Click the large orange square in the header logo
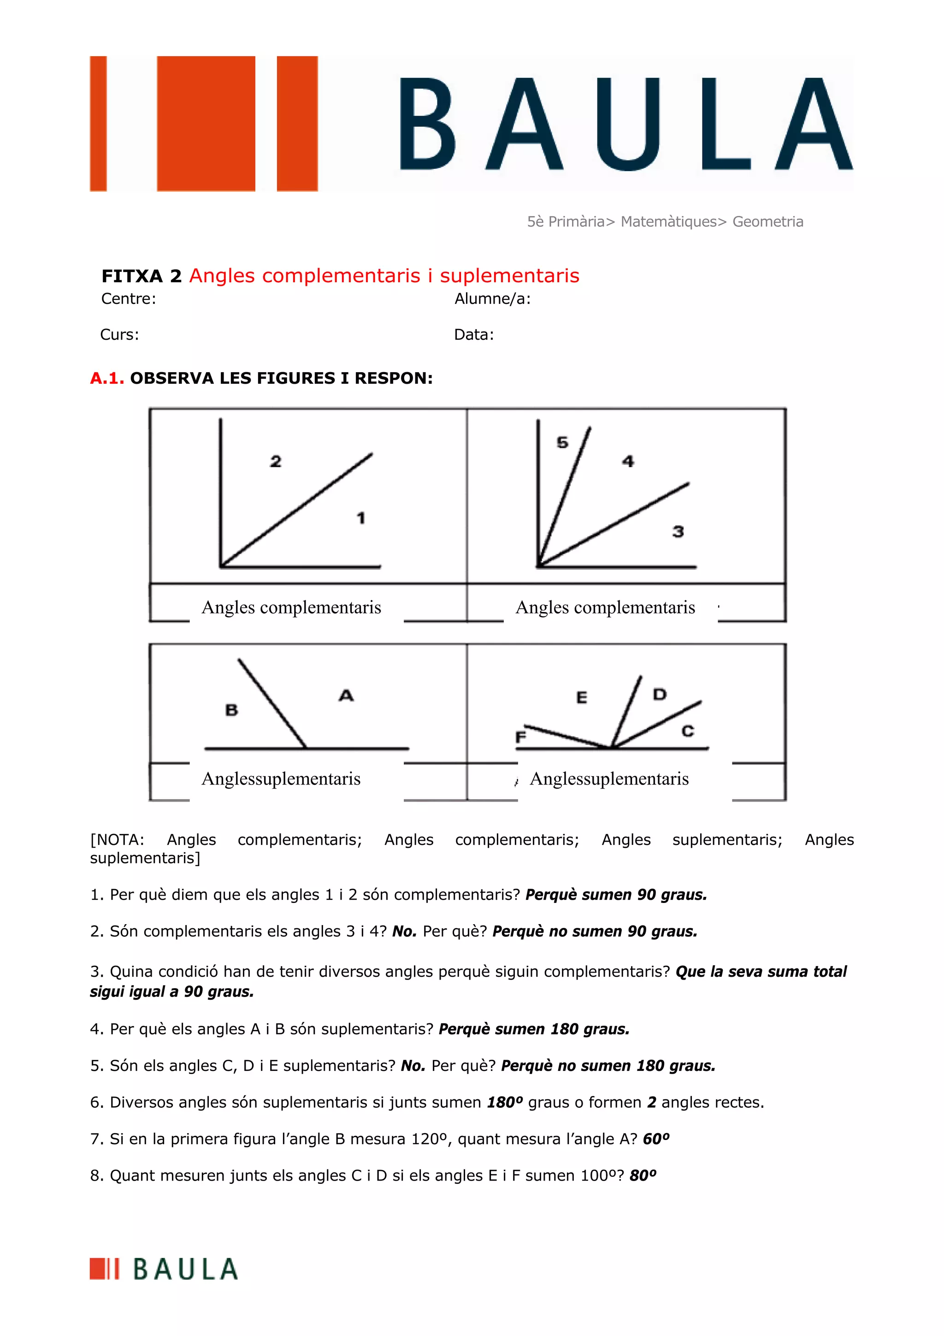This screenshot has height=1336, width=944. coord(206,123)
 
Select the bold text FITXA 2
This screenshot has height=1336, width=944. coord(142,276)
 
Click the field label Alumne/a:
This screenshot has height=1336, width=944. coord(492,299)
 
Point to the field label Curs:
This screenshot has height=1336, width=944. coord(119,335)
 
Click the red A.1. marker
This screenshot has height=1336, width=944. coord(107,378)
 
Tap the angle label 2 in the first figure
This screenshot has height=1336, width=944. coord(276,462)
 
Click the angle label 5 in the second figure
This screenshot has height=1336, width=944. coord(562,442)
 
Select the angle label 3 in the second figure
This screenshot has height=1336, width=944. coord(678,531)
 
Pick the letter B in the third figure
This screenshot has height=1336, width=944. coord(231,710)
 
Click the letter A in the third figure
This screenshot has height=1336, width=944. coord(346,695)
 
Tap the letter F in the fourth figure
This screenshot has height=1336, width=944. coord(520,737)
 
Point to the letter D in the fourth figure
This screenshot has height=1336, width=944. coord(659,694)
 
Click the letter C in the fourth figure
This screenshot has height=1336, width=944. coord(688,731)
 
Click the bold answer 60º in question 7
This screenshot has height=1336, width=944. coord(656,1139)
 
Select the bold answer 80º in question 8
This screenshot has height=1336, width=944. coord(643,1176)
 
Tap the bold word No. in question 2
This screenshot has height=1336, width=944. coord(404,932)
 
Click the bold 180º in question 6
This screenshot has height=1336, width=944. coord(504,1102)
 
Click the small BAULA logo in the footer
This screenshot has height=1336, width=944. coord(164,1269)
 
